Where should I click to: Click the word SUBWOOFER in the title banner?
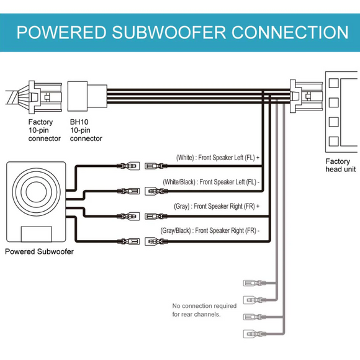point(169,32)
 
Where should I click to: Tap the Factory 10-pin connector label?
point(44,130)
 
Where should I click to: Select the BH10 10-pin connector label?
point(86,130)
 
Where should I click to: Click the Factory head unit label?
point(341,165)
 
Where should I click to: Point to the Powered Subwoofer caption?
point(39,251)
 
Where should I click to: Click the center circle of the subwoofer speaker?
point(36,192)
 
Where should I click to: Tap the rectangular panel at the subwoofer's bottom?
point(36,234)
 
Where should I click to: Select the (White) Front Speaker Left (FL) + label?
point(218,158)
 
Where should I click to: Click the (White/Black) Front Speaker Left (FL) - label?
point(211,182)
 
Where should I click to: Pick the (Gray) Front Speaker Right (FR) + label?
point(217,206)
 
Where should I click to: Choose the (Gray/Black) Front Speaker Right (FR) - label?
point(210,230)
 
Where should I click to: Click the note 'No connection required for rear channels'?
point(204,310)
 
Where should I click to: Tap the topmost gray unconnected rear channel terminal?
point(254,283)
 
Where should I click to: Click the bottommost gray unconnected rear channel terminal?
point(254,334)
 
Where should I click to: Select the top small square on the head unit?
point(333,83)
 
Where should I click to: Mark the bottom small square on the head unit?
point(333,141)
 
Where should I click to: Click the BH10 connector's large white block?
point(78,96)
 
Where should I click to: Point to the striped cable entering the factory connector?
point(12,97)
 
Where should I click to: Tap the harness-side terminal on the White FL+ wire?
point(156,166)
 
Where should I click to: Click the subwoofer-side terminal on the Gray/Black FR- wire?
point(128,241)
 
